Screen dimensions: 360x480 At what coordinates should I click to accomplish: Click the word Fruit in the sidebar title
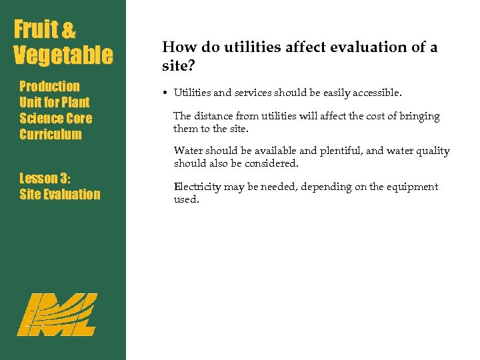point(37,30)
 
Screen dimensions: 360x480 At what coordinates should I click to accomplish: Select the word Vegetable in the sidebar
point(63,56)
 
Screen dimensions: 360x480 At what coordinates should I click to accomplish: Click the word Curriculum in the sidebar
point(51,134)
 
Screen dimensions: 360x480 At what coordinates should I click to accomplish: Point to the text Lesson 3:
point(45,178)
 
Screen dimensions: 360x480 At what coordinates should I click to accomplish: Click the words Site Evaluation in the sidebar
point(60,194)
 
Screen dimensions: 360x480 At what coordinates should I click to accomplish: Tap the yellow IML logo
point(57,314)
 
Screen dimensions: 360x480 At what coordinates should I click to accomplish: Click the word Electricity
point(197,187)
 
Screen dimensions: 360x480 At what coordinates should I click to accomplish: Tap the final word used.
point(186,199)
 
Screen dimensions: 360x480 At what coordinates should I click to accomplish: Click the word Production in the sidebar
point(49,86)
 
